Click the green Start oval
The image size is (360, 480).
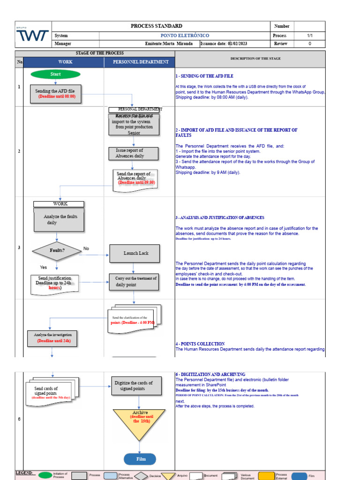tap(55, 74)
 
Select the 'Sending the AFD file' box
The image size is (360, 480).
tap(55, 94)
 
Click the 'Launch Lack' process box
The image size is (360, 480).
tap(136, 253)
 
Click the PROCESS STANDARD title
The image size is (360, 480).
tap(157, 26)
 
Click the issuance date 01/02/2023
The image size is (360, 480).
tap(237, 44)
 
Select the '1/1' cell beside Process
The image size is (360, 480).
tap(309, 36)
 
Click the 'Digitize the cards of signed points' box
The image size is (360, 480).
tap(133, 386)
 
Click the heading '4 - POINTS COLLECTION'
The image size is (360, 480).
tap(200, 344)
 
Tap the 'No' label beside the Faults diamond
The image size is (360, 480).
tap(86, 248)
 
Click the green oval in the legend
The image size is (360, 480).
tap(45, 475)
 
